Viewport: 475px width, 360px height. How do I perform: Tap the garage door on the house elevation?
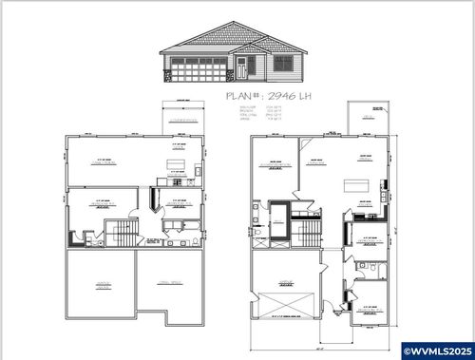tap(199, 69)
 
